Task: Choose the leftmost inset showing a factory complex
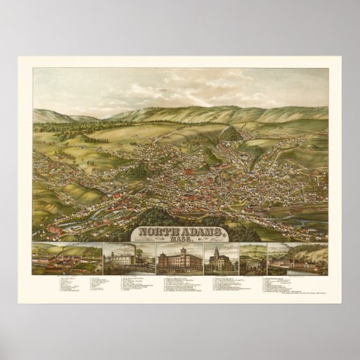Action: point(67,259)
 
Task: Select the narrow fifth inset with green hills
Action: point(253,259)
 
